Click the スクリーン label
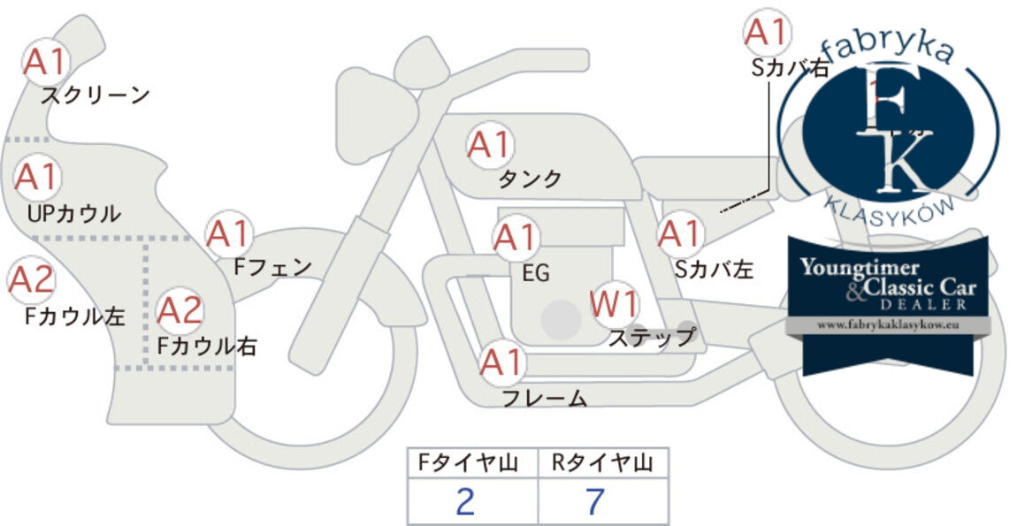click(x=96, y=95)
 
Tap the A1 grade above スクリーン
click(x=45, y=62)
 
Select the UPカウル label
click(x=74, y=213)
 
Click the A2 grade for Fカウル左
click(x=30, y=280)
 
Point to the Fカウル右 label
click(x=207, y=346)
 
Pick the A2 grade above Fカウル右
click(x=180, y=310)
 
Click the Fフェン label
click(x=272, y=267)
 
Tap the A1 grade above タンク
click(x=490, y=145)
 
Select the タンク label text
click(x=530, y=179)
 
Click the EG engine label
click(x=536, y=273)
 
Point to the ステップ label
click(x=651, y=338)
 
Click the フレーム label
click(x=545, y=398)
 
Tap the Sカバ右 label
click(x=790, y=67)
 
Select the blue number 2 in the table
click(x=465, y=501)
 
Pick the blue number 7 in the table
click(x=595, y=501)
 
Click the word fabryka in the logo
click(x=891, y=53)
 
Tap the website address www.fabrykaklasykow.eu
click(x=888, y=325)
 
